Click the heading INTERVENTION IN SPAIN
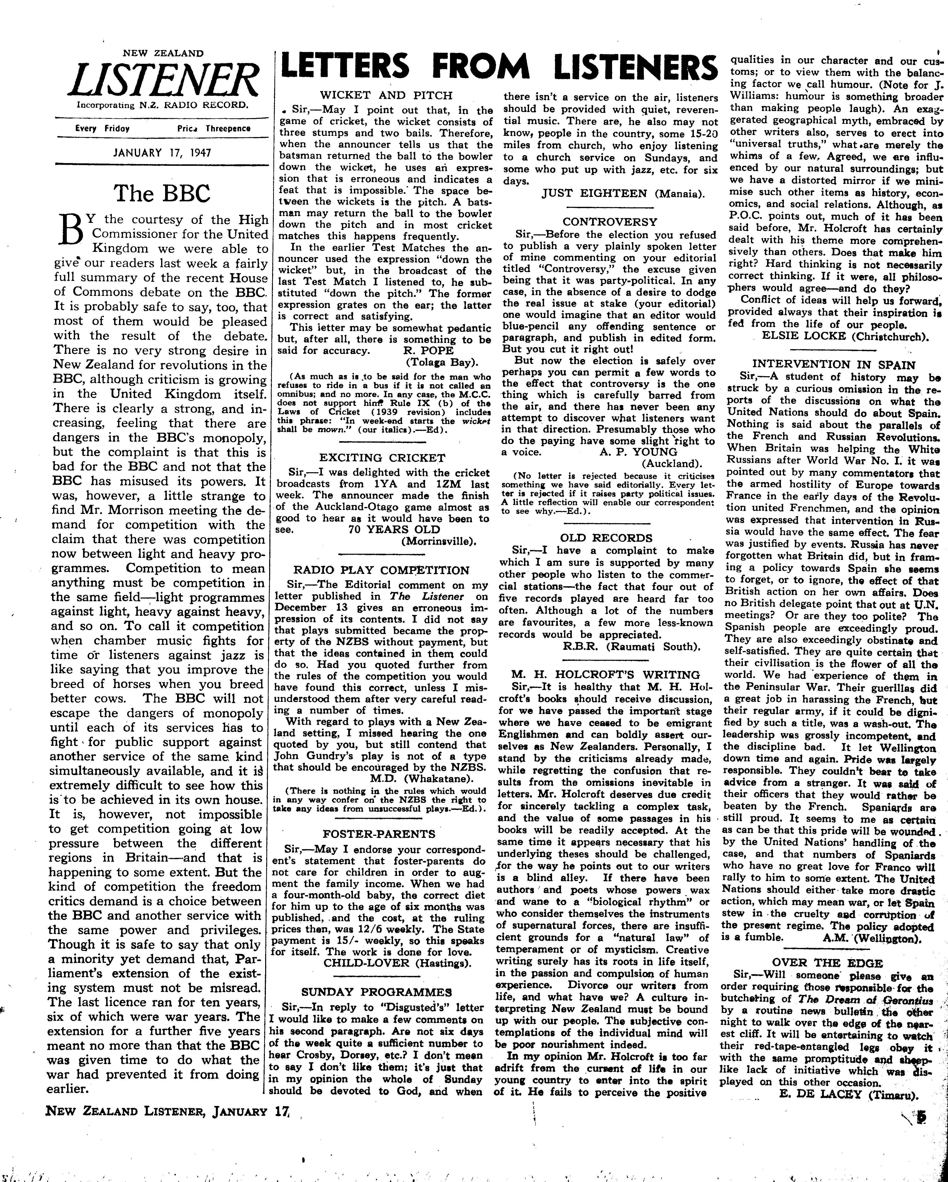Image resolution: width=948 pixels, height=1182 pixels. pos(833,365)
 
